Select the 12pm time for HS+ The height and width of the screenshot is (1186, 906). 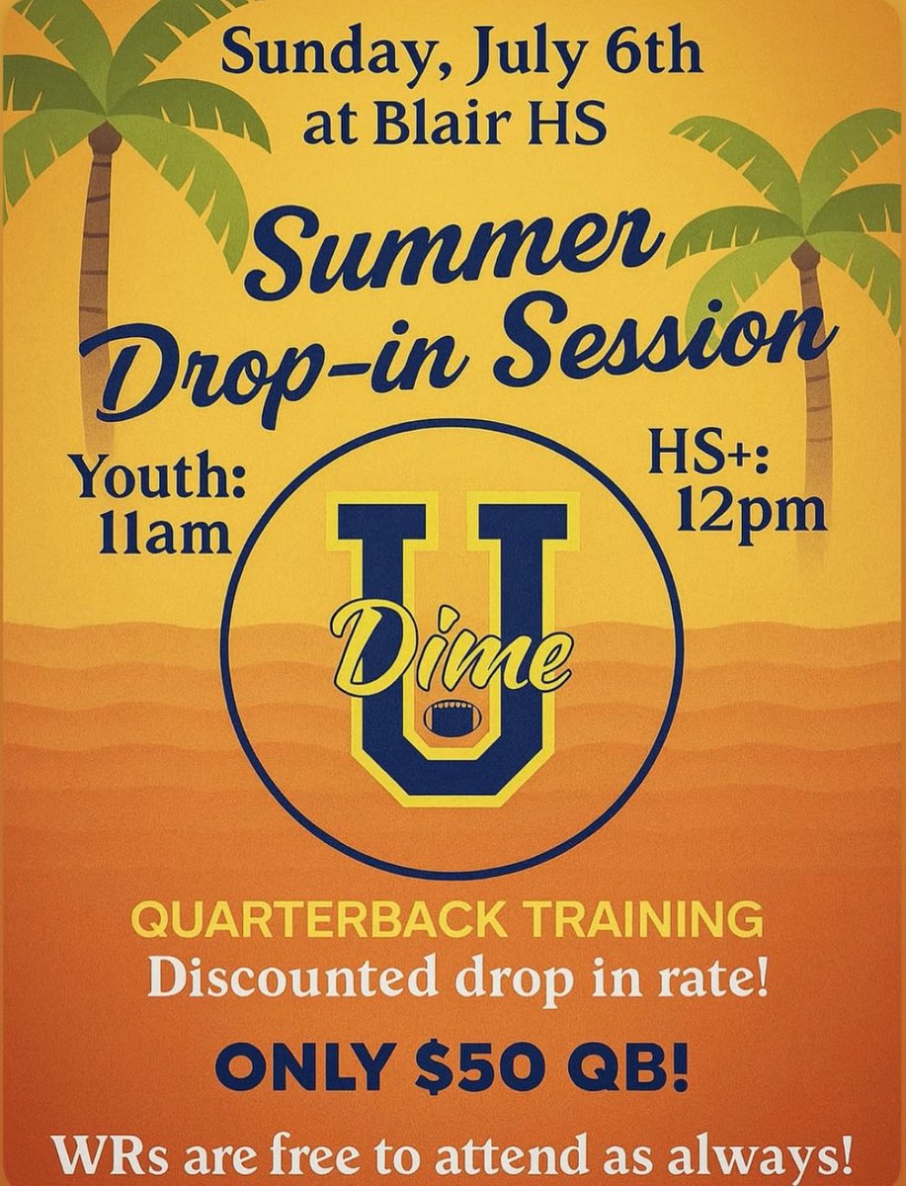pos(750,511)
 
